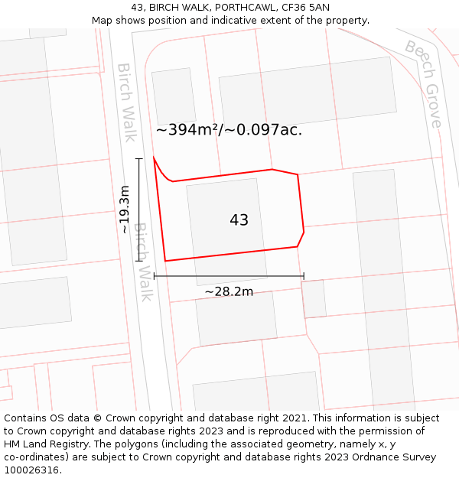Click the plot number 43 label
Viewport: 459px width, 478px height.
point(239,220)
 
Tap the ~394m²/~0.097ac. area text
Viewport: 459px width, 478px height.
point(229,130)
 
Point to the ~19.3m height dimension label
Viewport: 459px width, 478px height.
point(125,210)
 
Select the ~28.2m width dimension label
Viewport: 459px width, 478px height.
point(229,291)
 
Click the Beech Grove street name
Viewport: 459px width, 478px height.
point(424,84)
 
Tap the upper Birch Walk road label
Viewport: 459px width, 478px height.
point(126,102)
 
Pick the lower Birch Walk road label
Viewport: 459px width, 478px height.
point(144,262)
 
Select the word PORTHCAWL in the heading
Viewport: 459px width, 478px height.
point(233,7)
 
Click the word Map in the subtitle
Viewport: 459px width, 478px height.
point(103,20)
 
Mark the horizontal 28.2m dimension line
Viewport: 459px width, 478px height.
point(229,276)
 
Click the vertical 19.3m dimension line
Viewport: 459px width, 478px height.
point(139,210)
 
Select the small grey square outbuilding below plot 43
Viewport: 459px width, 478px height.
point(314,299)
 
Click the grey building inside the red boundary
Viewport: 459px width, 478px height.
point(226,229)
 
